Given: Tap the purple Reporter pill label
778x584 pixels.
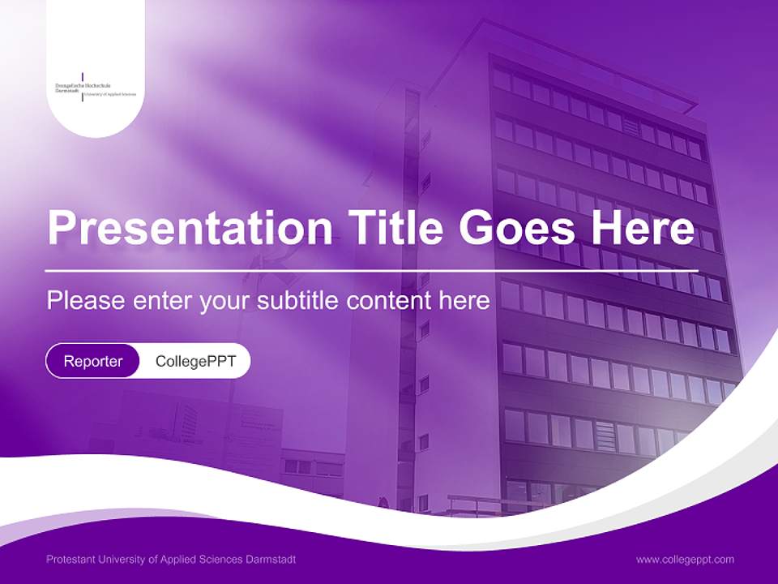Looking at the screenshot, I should click(x=93, y=361).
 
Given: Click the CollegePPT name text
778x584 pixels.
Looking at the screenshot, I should click(x=195, y=361).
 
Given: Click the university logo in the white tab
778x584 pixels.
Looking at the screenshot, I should click(x=95, y=89).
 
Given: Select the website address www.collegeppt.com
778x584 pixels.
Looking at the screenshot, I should click(x=685, y=559).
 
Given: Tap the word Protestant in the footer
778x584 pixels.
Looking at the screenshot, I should click(x=71, y=560).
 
